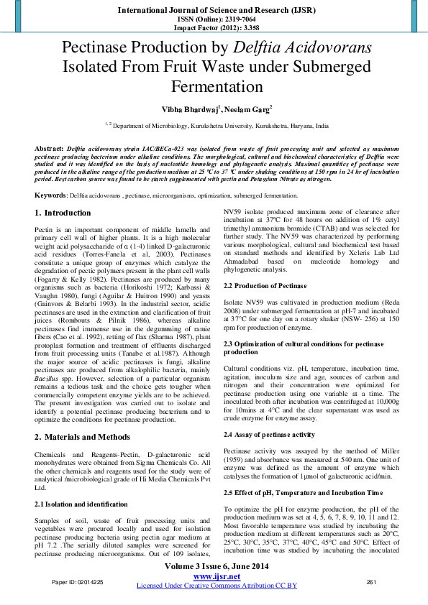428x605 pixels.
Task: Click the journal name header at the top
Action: (x=214, y=11)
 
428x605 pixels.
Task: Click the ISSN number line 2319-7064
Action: (x=214, y=20)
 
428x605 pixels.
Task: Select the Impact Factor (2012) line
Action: (x=214, y=29)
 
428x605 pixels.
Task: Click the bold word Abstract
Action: (x=49, y=147)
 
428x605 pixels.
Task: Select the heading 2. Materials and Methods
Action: (x=83, y=437)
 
